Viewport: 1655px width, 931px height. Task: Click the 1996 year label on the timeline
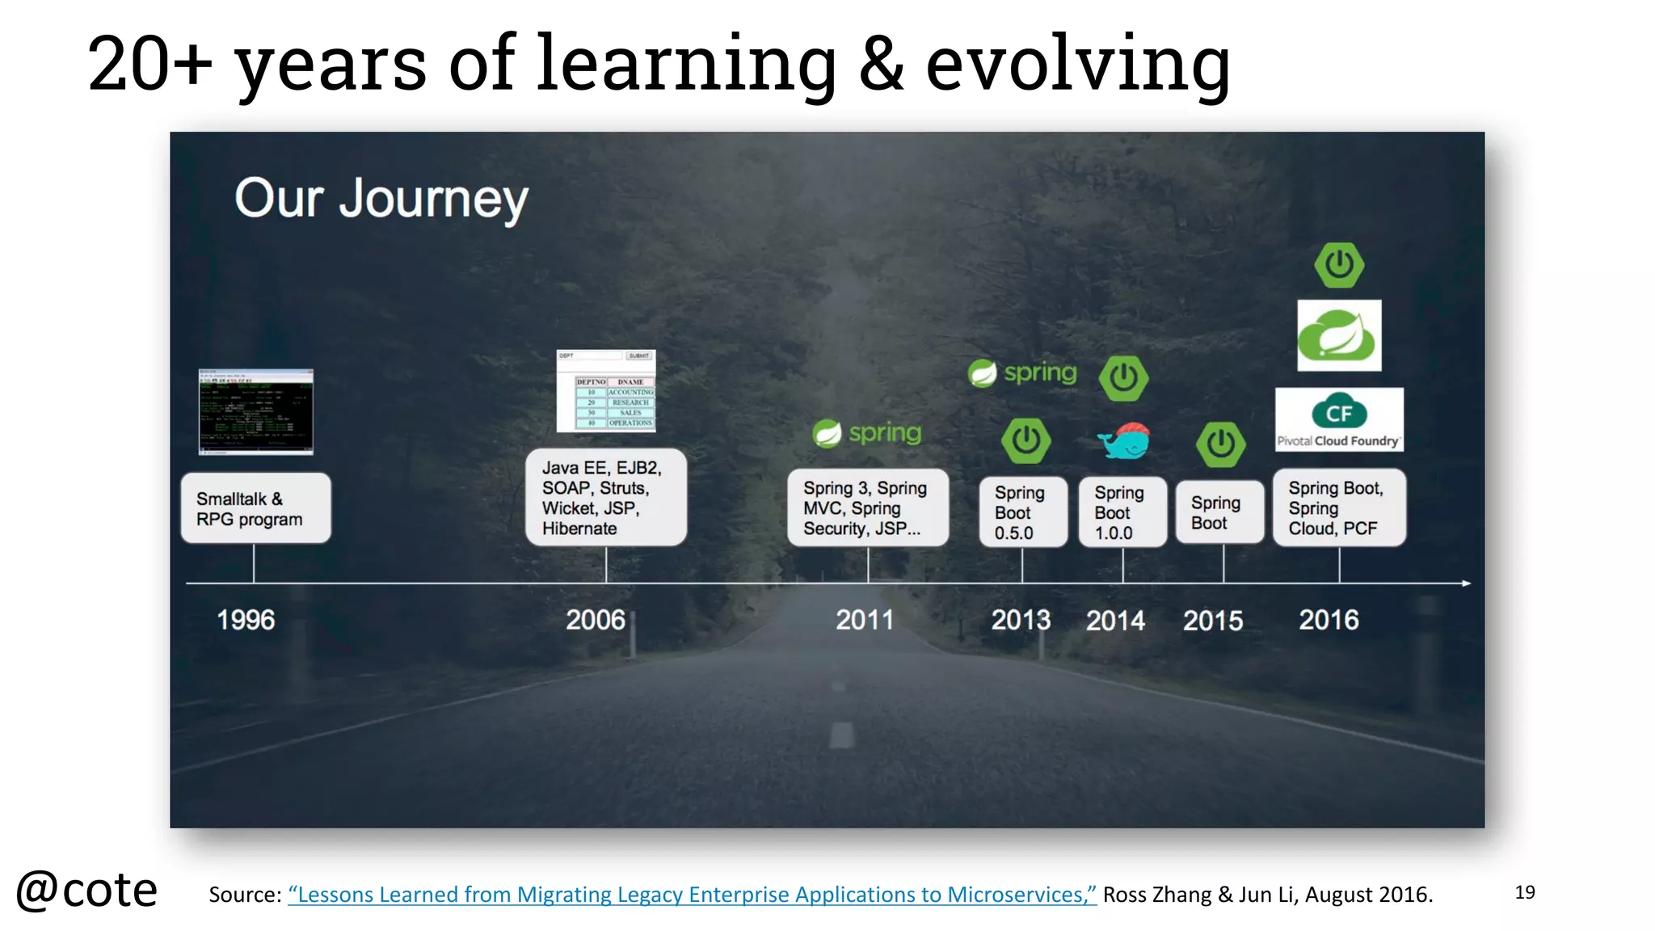pos(246,620)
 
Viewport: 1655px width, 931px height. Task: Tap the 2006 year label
pos(596,620)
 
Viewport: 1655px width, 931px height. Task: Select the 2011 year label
pos(865,620)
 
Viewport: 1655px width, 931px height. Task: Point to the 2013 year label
pos(1021,620)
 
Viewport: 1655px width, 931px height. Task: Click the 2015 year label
pos(1213,621)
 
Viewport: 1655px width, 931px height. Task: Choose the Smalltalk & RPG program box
pos(255,508)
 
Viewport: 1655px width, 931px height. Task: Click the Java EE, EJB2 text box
pos(605,498)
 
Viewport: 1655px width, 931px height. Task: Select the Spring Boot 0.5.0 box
pos(1022,512)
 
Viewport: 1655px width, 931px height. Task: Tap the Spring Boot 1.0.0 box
pos(1122,512)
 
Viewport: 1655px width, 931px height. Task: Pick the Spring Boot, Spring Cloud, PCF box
pos(1339,508)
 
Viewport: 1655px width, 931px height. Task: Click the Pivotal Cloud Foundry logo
pos(1339,419)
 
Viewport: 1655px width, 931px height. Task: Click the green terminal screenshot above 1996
pos(256,412)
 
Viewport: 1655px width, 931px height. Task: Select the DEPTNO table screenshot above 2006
pos(606,391)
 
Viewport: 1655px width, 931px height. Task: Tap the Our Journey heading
pos(381,199)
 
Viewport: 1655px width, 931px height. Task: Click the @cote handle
pos(86,891)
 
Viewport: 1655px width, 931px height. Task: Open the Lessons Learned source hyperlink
pos(692,895)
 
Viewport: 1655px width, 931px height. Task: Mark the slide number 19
pos(1524,892)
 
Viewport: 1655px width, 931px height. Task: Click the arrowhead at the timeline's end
pos(1466,583)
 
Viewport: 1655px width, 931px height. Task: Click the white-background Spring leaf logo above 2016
pos(1339,335)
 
